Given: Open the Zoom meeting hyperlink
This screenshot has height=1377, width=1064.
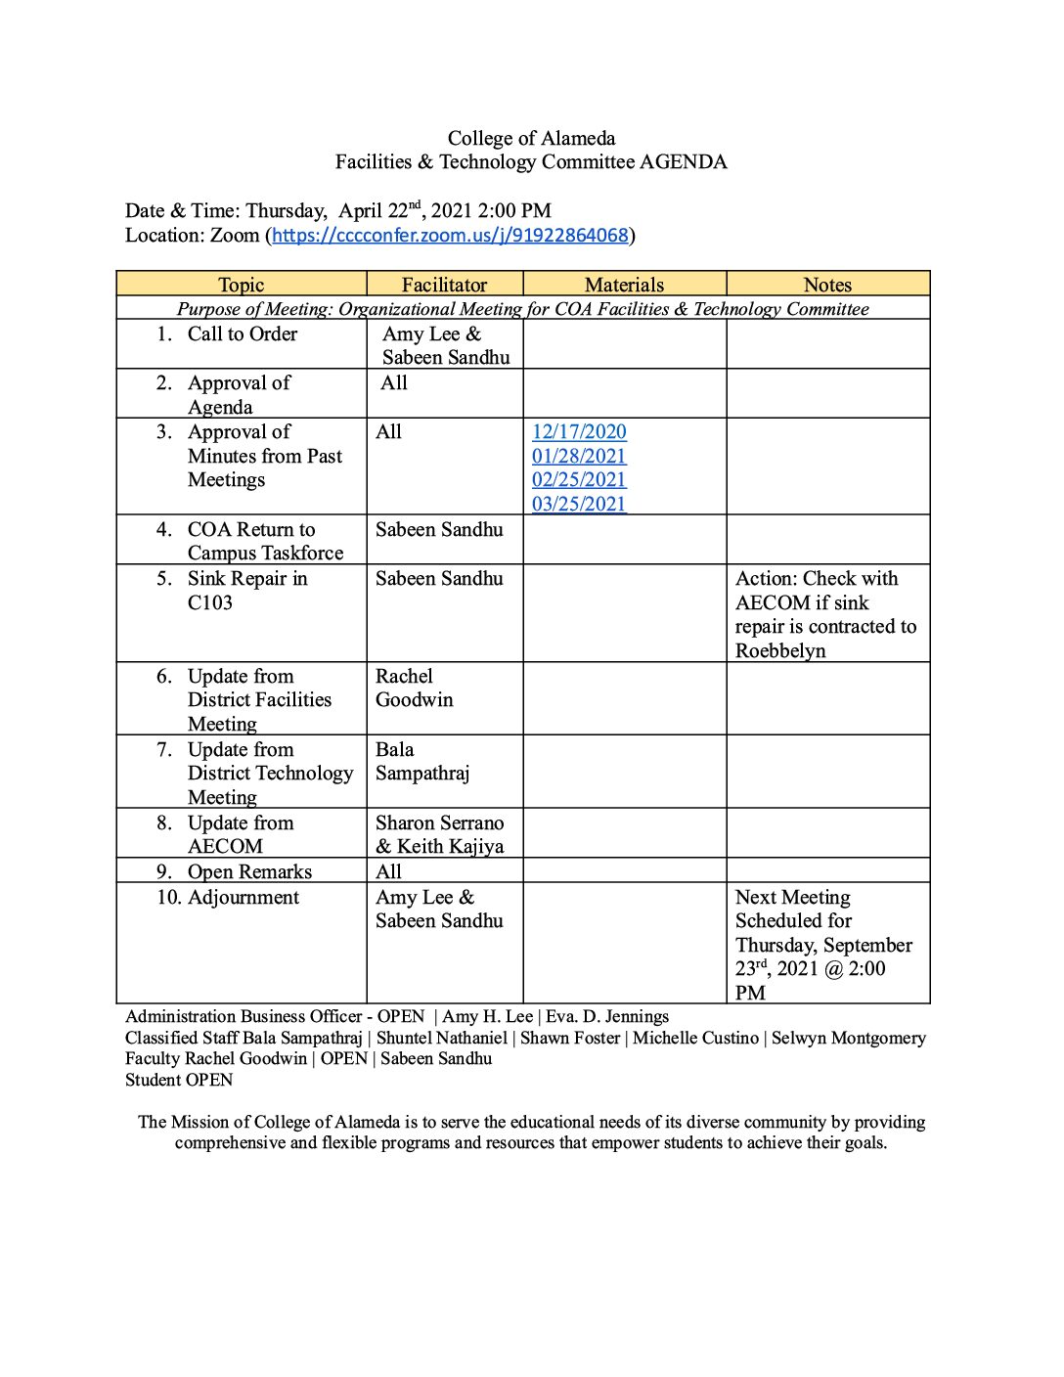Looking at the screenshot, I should pyautogui.click(x=450, y=236).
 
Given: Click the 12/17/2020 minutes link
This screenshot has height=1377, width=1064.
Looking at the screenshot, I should pyautogui.click(x=579, y=432).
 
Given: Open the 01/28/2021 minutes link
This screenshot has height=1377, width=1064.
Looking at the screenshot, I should pyautogui.click(x=579, y=457).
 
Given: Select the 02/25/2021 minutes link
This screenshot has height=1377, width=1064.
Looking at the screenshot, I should pyautogui.click(x=579, y=480).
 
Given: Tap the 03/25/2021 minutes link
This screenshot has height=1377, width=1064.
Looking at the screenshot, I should pyautogui.click(x=579, y=505).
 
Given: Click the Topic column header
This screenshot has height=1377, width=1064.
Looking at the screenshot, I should pyautogui.click(x=241, y=285).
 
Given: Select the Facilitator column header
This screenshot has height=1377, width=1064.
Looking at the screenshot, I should pyautogui.click(x=444, y=285).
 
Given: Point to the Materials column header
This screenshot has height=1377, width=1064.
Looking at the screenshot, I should pyautogui.click(x=624, y=285).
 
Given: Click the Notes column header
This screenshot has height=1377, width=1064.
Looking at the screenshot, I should pyautogui.click(x=827, y=285).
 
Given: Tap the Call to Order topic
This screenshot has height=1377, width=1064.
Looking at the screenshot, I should pyautogui.click(x=242, y=334).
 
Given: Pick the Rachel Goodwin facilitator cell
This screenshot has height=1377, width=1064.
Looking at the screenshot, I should pyautogui.click(x=415, y=688).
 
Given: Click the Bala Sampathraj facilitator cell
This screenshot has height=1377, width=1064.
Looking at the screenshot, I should pyautogui.click(x=422, y=762).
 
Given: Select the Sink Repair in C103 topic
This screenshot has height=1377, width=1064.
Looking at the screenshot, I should pyautogui.click(x=247, y=591).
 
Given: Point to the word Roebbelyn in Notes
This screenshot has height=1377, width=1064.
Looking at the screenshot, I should pyautogui.click(x=780, y=651).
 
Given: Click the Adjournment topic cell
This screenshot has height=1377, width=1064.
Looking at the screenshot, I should pyautogui.click(x=243, y=898).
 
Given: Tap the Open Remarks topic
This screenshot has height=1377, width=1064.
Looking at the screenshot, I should pyautogui.click(x=249, y=872).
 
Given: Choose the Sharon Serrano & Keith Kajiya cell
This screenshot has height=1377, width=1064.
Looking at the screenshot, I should pyautogui.click(x=440, y=835).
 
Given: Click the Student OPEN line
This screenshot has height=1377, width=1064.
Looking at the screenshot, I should pyautogui.click(x=179, y=1081).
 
